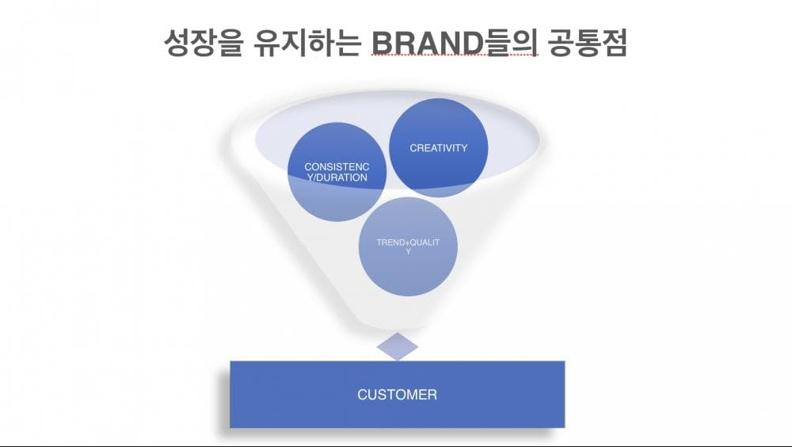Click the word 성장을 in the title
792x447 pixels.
point(203,43)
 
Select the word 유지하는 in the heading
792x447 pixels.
point(307,43)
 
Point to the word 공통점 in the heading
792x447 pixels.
point(587,43)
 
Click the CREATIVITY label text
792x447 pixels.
point(439,148)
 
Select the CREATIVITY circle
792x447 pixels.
point(439,147)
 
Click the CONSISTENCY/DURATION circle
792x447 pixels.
point(337,172)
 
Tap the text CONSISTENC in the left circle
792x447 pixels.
point(337,167)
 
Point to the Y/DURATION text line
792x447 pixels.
point(337,178)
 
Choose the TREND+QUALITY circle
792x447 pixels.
point(408,246)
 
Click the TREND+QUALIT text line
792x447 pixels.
point(408,243)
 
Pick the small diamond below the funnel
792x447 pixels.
point(398,346)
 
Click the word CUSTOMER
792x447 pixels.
point(397,395)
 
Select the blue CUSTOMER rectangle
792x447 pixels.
point(397,395)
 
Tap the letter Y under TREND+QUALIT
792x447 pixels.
point(408,251)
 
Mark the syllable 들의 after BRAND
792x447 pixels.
point(510,43)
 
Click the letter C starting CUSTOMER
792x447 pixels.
point(363,395)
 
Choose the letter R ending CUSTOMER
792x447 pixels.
point(432,395)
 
